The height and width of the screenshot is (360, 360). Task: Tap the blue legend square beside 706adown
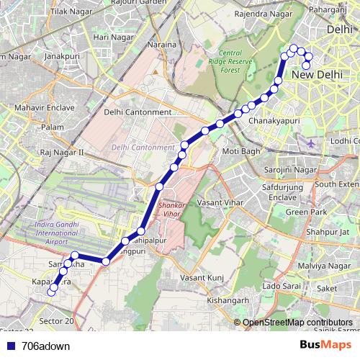9,346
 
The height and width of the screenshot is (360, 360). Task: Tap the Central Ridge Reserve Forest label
240,61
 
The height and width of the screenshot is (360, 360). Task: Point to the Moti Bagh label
240,151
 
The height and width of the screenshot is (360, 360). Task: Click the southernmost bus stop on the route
51,292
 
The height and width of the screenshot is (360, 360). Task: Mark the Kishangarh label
228,300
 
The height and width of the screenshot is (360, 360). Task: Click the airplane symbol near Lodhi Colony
311,142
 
